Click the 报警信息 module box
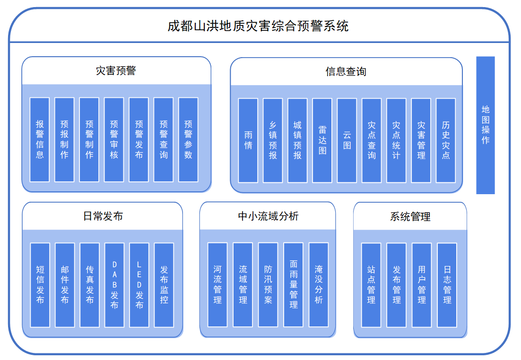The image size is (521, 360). (x=40, y=140)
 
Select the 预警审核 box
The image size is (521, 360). (x=114, y=140)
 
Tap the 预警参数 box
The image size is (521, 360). (x=188, y=140)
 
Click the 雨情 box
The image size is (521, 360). (x=248, y=140)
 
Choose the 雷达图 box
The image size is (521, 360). (x=322, y=140)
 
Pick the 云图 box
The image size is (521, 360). (x=347, y=140)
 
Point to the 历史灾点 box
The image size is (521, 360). (x=446, y=140)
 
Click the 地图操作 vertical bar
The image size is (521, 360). (x=486, y=125)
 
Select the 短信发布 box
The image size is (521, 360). (x=40, y=285)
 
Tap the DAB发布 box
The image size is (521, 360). (x=114, y=285)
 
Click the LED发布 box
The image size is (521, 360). (x=139, y=285)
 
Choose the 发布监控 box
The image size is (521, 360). (x=164, y=285)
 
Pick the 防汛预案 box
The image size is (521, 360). (x=268, y=284)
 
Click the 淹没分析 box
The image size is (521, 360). (x=319, y=284)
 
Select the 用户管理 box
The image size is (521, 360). (x=422, y=285)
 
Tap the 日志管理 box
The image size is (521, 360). (x=447, y=285)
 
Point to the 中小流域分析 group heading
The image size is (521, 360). (x=268, y=216)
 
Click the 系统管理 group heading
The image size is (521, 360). (x=410, y=217)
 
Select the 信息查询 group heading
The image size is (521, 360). (x=346, y=72)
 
